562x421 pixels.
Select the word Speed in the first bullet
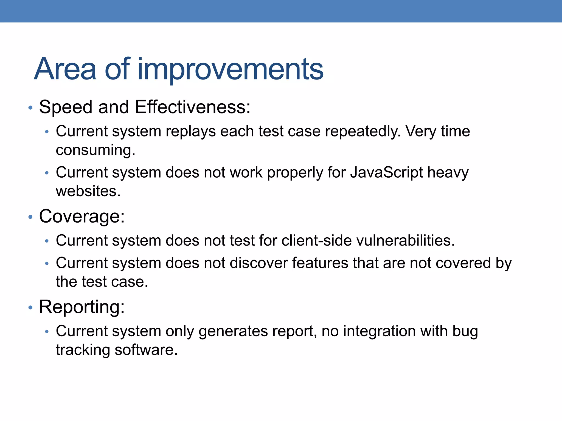[65, 107]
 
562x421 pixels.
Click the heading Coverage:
[82, 217]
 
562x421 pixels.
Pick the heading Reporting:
[82, 307]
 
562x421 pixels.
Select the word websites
[88, 191]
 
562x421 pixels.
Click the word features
[320, 263]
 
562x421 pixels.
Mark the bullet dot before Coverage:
[30, 217]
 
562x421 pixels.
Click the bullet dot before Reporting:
[30, 308]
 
